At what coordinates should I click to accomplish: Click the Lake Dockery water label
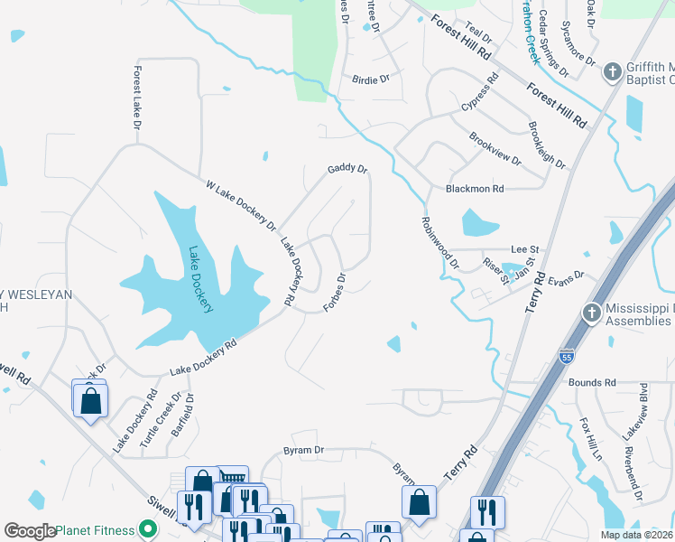pyautogui.click(x=200, y=280)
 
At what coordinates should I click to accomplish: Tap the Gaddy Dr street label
pyautogui.click(x=347, y=169)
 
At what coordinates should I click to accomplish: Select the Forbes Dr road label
pyautogui.click(x=335, y=292)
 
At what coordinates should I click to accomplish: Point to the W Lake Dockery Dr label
pyautogui.click(x=240, y=203)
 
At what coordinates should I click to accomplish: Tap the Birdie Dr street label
pyautogui.click(x=371, y=79)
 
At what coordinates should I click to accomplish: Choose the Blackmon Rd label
pyautogui.click(x=475, y=190)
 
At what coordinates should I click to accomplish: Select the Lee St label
pyautogui.click(x=524, y=248)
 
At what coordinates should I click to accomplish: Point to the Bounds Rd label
pyautogui.click(x=592, y=382)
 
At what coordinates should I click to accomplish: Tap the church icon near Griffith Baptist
pyautogui.click(x=611, y=70)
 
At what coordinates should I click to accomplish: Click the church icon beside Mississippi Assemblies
pyautogui.click(x=591, y=313)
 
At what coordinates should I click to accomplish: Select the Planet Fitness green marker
pyautogui.click(x=146, y=530)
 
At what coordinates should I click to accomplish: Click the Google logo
pyautogui.click(x=30, y=531)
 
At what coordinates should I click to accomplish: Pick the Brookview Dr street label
pyautogui.click(x=495, y=148)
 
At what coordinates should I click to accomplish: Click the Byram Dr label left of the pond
pyautogui.click(x=304, y=450)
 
